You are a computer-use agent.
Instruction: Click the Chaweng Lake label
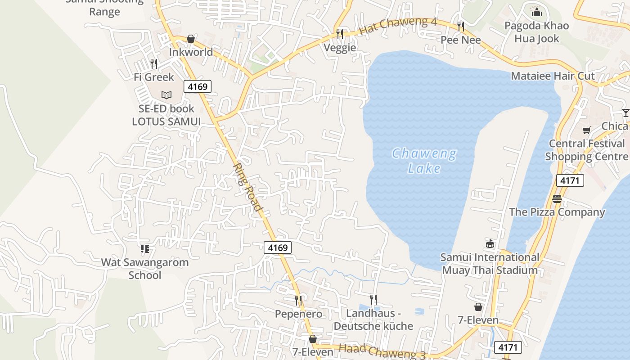(x=424, y=161)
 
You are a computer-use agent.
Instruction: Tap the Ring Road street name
(x=247, y=187)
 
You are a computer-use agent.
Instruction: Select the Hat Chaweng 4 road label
(x=398, y=26)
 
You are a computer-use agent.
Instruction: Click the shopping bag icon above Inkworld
(x=191, y=39)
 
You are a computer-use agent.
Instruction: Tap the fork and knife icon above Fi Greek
(x=154, y=64)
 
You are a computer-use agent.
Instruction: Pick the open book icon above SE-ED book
(x=166, y=95)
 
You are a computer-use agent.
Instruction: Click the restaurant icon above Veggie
(x=340, y=34)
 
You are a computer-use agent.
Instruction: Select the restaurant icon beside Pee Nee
(x=460, y=27)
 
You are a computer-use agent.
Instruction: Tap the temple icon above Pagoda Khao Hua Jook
(x=536, y=11)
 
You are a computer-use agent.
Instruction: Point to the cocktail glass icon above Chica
(x=625, y=112)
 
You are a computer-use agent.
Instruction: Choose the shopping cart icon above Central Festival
(x=586, y=130)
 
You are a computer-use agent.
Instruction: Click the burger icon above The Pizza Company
(x=557, y=199)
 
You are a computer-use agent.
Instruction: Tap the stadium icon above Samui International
(x=490, y=244)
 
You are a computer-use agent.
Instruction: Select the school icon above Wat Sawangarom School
(x=145, y=248)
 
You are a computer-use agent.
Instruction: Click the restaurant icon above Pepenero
(x=298, y=300)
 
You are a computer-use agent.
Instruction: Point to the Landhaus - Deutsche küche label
(x=373, y=319)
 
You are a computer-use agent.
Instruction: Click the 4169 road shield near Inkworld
(x=197, y=86)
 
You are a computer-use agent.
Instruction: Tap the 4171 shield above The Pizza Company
(x=570, y=180)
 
